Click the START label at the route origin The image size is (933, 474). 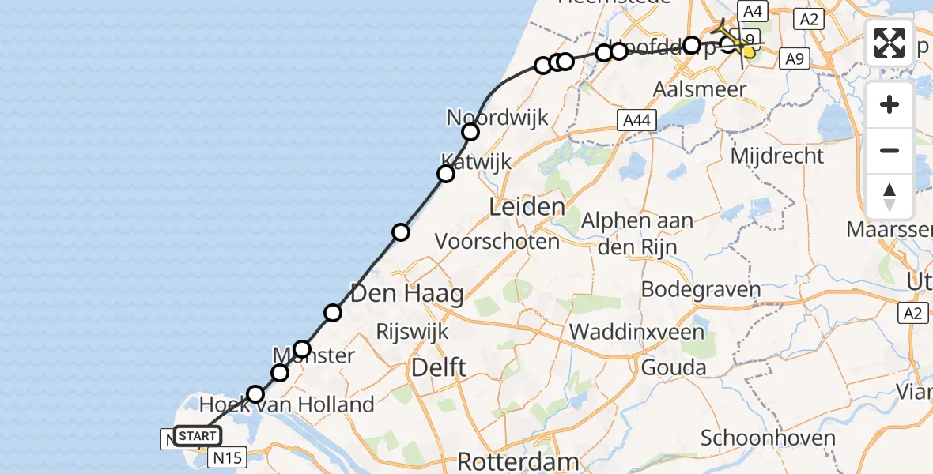[197, 436]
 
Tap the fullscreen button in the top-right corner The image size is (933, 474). [890, 43]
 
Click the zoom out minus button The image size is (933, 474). [890, 150]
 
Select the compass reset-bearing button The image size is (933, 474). [890, 196]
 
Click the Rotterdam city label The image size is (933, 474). [508, 461]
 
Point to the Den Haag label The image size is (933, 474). [406, 295]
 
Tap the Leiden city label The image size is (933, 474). [527, 208]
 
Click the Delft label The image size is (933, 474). [438, 367]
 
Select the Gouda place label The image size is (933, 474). [674, 367]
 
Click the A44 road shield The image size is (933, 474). [636, 119]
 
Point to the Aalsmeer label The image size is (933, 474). [700, 89]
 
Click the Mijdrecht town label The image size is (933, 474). [776, 156]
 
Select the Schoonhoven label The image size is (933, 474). [768, 438]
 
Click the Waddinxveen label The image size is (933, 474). [636, 331]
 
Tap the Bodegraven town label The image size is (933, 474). [701, 289]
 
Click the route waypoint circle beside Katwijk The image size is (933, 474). [446, 174]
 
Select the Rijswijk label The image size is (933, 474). [413, 331]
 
